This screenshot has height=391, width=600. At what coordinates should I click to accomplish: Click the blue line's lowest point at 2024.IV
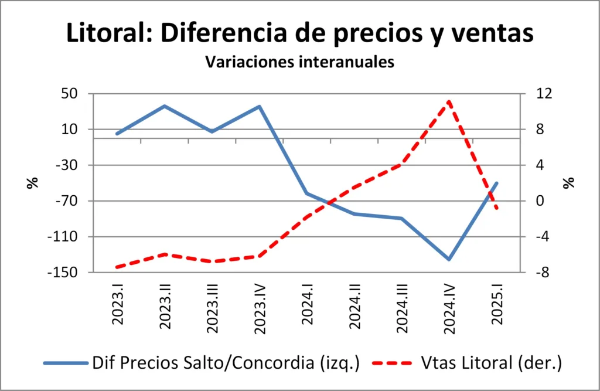pos(449,259)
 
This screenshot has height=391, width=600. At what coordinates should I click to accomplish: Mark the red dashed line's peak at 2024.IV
pos(449,101)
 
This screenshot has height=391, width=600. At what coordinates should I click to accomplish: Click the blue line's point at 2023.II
pos(165,106)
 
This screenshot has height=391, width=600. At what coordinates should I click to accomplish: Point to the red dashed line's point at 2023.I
pos(118,267)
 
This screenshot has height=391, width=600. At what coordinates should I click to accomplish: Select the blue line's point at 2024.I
pos(307,193)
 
